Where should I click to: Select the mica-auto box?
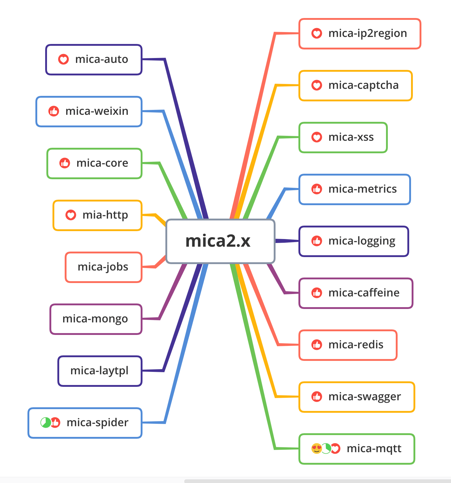94,60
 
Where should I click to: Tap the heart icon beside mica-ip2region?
317,33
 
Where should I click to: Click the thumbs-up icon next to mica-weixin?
54,111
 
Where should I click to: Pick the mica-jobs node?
103,267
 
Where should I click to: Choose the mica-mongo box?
96,319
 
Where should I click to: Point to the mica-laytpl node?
100,371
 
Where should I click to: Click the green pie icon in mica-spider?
45,423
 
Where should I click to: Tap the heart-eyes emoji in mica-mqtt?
316,448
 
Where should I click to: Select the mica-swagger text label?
365,397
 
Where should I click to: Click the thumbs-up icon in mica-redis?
317,345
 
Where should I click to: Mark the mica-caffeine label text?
364,293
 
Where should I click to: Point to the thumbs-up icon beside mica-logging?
317,241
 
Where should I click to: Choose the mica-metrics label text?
363,189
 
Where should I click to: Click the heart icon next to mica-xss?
317,137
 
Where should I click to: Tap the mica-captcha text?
363,85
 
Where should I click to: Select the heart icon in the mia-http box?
71,215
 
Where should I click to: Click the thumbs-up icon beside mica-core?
65,163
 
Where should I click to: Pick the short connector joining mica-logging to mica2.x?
287,241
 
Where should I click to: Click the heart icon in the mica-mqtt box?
336,448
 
